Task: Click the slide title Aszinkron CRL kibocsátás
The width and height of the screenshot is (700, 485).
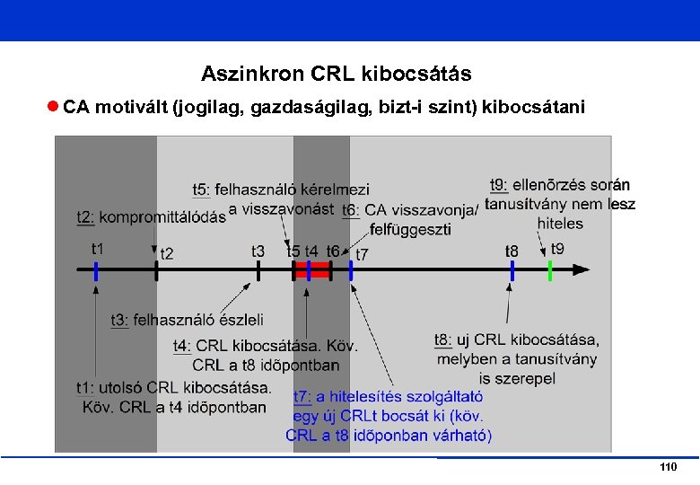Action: click(x=336, y=73)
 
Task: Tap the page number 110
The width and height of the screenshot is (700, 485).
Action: click(x=667, y=468)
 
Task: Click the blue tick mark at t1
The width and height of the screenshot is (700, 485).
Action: click(x=96, y=269)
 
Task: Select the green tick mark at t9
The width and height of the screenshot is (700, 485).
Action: click(x=549, y=269)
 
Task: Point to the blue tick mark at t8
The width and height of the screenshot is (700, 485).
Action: click(x=512, y=269)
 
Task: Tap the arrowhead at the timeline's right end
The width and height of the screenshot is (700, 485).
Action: click(x=583, y=269)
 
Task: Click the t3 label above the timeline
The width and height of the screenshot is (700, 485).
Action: click(x=258, y=252)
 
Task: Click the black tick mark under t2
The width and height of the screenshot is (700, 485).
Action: click(x=156, y=269)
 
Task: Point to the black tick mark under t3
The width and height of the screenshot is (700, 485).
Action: click(x=258, y=269)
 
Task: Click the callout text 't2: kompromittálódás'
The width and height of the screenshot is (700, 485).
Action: click(x=151, y=217)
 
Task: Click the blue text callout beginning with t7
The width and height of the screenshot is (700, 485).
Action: click(x=388, y=416)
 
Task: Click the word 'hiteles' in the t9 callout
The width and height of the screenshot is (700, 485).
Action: click(x=560, y=223)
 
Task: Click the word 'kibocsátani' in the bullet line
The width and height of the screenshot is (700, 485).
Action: click(x=533, y=108)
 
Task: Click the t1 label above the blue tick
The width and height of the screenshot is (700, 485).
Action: click(x=97, y=248)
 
